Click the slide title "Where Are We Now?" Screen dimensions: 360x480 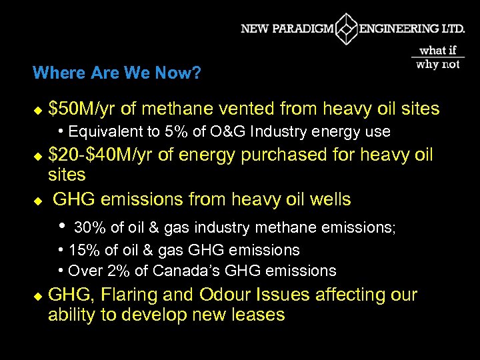(117, 72)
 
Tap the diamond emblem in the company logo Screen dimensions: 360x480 (346, 29)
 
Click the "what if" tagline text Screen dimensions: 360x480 (438, 51)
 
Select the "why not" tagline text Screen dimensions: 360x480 (438, 65)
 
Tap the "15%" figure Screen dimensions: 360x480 (84, 250)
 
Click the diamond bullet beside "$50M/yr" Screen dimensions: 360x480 (37, 109)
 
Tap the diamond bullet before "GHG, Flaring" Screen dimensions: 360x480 (37, 295)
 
